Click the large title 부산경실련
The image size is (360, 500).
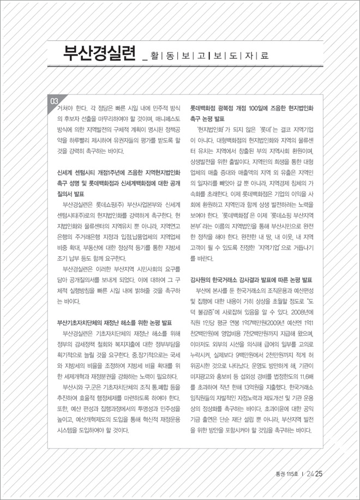(99, 54)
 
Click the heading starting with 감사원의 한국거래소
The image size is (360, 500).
(250, 279)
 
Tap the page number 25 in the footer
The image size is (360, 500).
(320, 473)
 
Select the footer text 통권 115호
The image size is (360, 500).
(283, 474)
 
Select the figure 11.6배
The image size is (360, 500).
(303, 376)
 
